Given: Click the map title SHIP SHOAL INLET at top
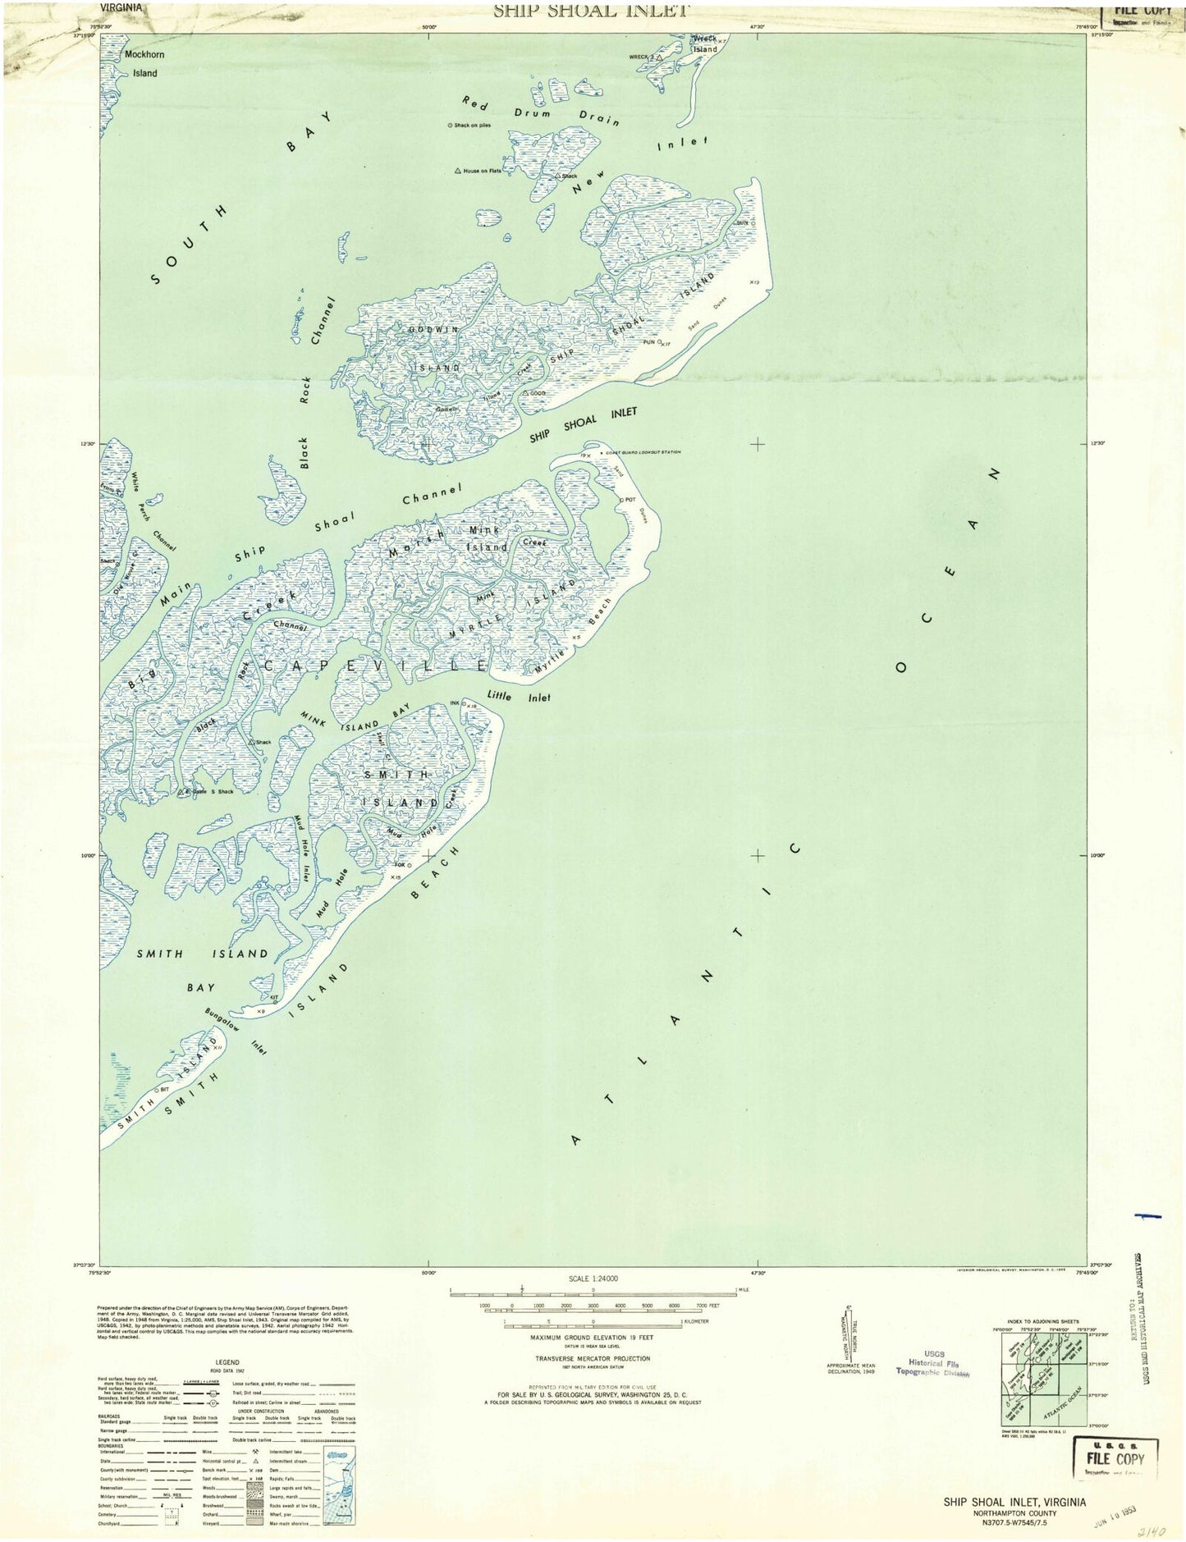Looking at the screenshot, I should point(590,10).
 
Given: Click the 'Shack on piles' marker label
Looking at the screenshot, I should point(469,125).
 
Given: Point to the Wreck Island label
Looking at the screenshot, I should point(704,43).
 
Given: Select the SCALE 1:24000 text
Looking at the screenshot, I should point(593,1279).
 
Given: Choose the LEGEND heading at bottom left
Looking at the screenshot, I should point(227,1361).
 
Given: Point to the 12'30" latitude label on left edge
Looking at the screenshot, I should point(86,444).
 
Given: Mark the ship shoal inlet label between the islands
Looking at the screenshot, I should point(583,424).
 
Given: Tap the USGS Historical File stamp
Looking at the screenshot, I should point(933,1363).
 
